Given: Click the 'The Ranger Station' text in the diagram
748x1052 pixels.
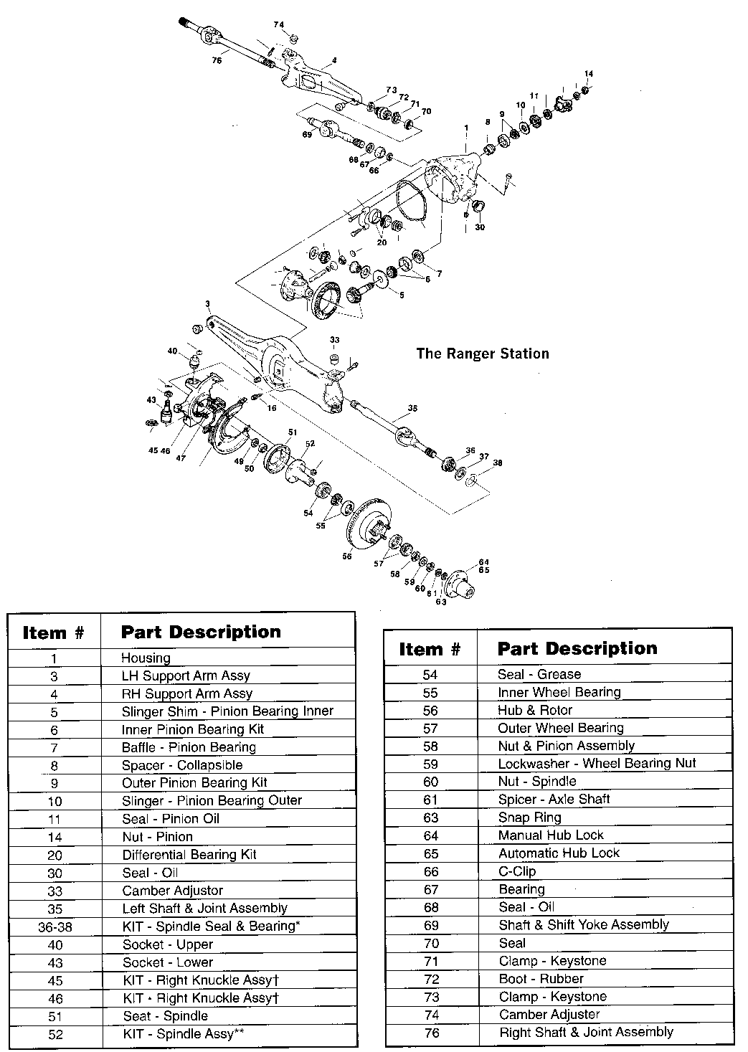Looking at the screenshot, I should click(483, 354).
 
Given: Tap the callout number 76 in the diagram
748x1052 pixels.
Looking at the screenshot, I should click(217, 61).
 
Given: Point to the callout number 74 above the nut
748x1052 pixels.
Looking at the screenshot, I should click(279, 25).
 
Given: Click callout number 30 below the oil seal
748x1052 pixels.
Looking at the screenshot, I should click(480, 227).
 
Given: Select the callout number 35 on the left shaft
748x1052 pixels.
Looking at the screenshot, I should click(412, 408).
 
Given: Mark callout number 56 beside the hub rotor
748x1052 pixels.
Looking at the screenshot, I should click(347, 555).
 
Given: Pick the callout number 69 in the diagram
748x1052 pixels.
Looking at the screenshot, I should click(307, 134).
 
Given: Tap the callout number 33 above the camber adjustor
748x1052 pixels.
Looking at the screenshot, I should click(335, 339).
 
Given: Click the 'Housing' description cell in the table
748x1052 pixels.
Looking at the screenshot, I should click(146, 658).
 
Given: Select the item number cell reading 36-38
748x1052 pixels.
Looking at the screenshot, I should click(55, 927).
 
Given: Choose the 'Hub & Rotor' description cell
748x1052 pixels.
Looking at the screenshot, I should click(535, 710).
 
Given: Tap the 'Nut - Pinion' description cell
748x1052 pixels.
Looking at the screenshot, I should click(157, 837).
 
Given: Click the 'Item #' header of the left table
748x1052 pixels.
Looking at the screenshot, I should click(54, 632).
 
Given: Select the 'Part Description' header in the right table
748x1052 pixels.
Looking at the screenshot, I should click(577, 649).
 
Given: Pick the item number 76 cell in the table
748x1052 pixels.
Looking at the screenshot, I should click(431, 1033).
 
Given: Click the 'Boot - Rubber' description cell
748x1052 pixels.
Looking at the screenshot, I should click(541, 979).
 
